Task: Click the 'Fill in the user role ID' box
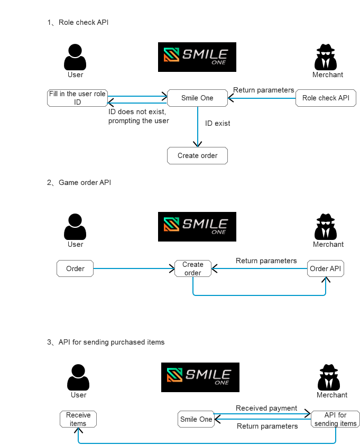click(x=77, y=98)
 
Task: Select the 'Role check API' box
click(x=326, y=98)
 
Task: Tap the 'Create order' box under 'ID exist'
click(x=197, y=155)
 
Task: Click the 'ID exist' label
click(x=218, y=123)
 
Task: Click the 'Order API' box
click(x=326, y=268)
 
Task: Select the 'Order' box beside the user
click(x=75, y=268)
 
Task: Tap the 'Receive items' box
click(x=78, y=419)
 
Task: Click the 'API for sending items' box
click(x=336, y=419)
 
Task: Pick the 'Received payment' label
click(x=266, y=408)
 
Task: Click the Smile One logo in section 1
click(x=197, y=57)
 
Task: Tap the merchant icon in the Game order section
click(x=326, y=227)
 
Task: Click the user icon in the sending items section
click(x=78, y=377)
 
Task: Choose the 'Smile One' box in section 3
click(x=196, y=419)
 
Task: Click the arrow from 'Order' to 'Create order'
click(x=134, y=268)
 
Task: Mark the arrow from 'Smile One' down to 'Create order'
click(x=198, y=127)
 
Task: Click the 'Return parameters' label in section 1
click(x=263, y=90)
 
